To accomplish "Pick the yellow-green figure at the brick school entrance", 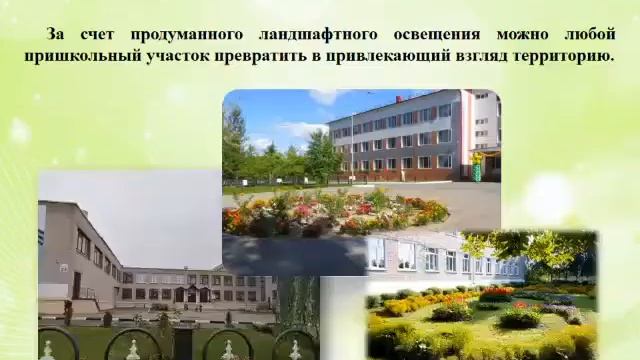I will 477,166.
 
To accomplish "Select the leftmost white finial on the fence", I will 47,350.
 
